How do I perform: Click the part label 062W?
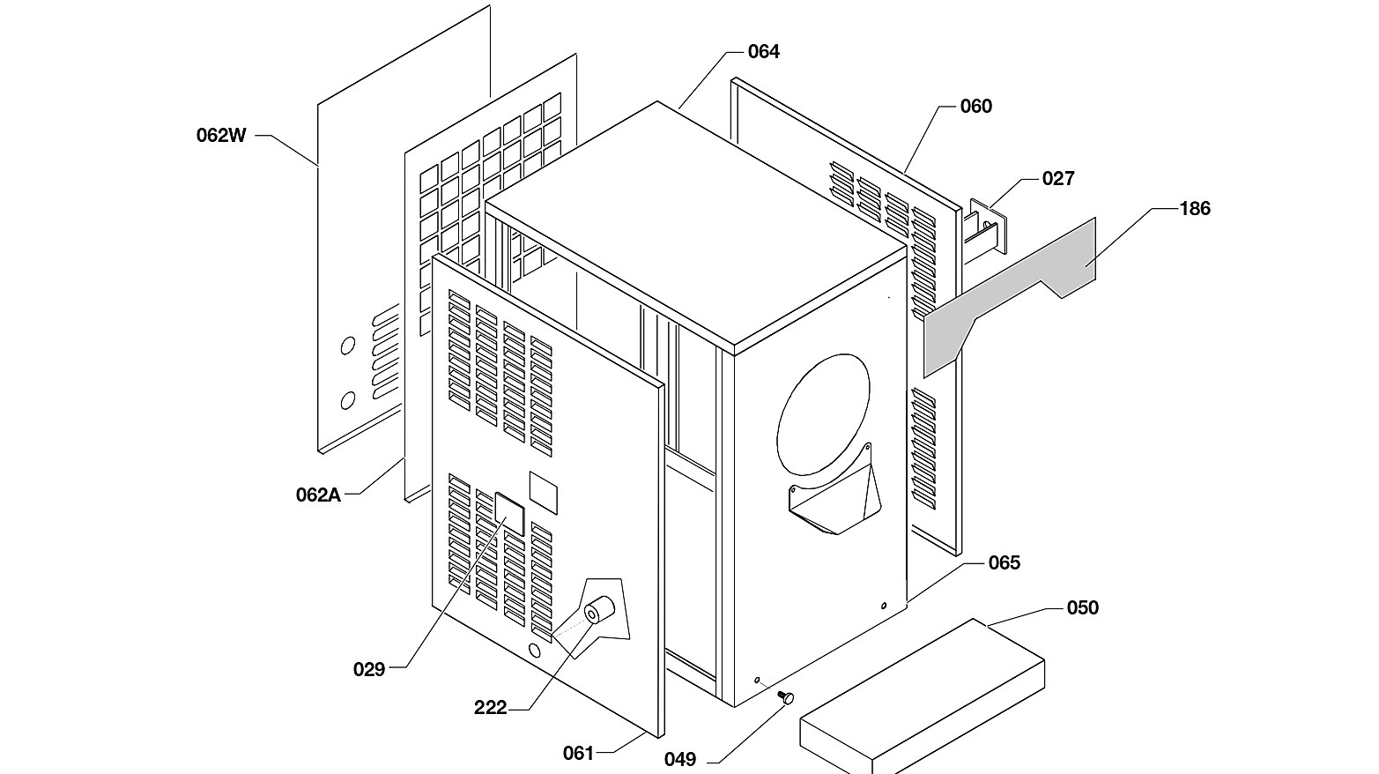click(x=221, y=136)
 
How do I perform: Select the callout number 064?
click(x=763, y=52)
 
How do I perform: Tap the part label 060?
click(x=975, y=107)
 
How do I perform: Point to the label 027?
click(x=1058, y=179)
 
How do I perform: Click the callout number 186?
click(x=1195, y=209)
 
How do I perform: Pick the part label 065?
click(x=1005, y=562)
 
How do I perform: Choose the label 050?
click(x=1082, y=607)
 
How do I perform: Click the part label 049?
click(x=680, y=759)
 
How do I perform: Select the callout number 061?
click(x=579, y=753)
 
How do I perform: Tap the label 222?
click(x=490, y=708)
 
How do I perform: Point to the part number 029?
click(x=368, y=669)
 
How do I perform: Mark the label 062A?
click(x=318, y=495)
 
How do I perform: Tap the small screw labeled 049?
click(x=786, y=697)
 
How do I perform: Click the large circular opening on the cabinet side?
click(x=824, y=414)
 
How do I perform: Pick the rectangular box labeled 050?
click(x=922, y=696)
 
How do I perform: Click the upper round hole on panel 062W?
click(x=348, y=346)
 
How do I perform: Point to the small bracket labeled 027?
click(x=986, y=227)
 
